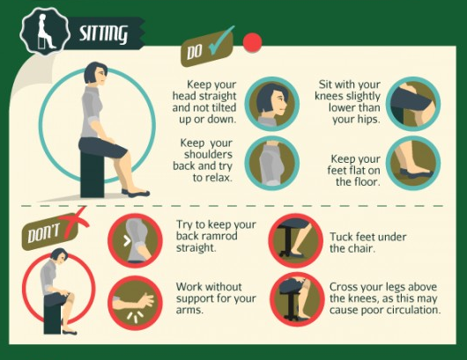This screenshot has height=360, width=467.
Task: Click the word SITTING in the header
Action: click(x=103, y=34)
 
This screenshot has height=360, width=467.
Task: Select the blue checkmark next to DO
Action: click(x=221, y=47)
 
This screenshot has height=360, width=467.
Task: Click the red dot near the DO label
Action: click(x=254, y=42)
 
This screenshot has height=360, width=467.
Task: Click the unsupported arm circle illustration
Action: click(x=135, y=299)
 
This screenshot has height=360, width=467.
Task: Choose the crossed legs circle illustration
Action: click(x=293, y=299)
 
